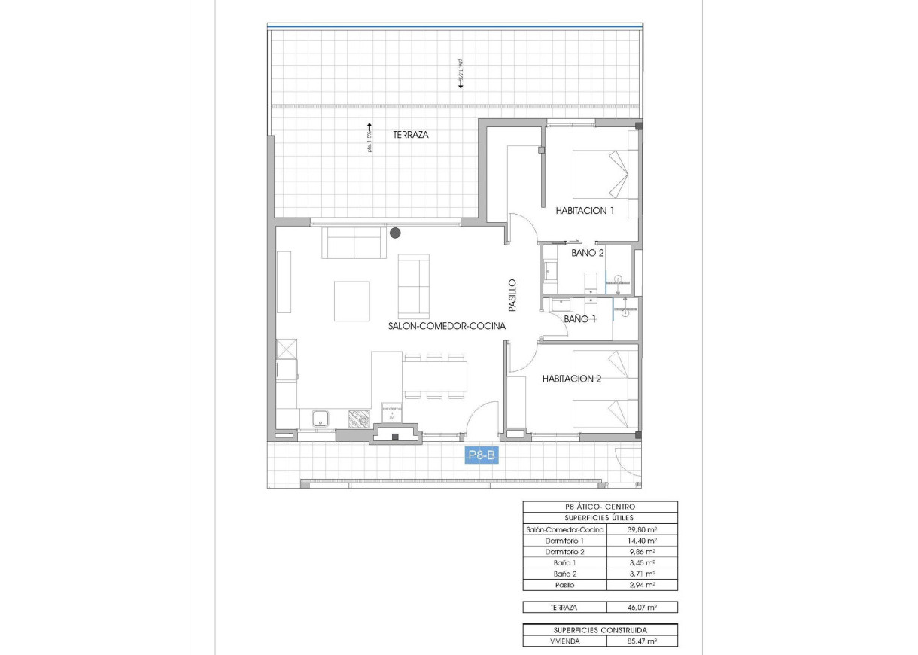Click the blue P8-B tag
[x=482, y=455]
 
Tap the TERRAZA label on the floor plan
[x=411, y=135]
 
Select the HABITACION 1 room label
[x=585, y=211]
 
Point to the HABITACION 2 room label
[x=572, y=379]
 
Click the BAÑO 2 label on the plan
[x=588, y=254]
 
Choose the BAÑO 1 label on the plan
[x=580, y=319]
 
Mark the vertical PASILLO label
[x=512, y=296]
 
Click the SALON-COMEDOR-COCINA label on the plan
[x=446, y=326]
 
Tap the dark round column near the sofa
[x=395, y=233]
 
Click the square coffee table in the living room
[x=352, y=300]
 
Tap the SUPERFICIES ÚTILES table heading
[x=600, y=518]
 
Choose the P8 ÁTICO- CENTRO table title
[x=600, y=507]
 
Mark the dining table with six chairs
[x=433, y=375]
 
